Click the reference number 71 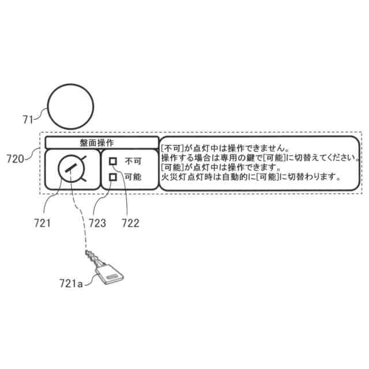[28, 119]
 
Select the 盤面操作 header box [101, 142]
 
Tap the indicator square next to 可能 [114, 177]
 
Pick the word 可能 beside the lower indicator [133, 177]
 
